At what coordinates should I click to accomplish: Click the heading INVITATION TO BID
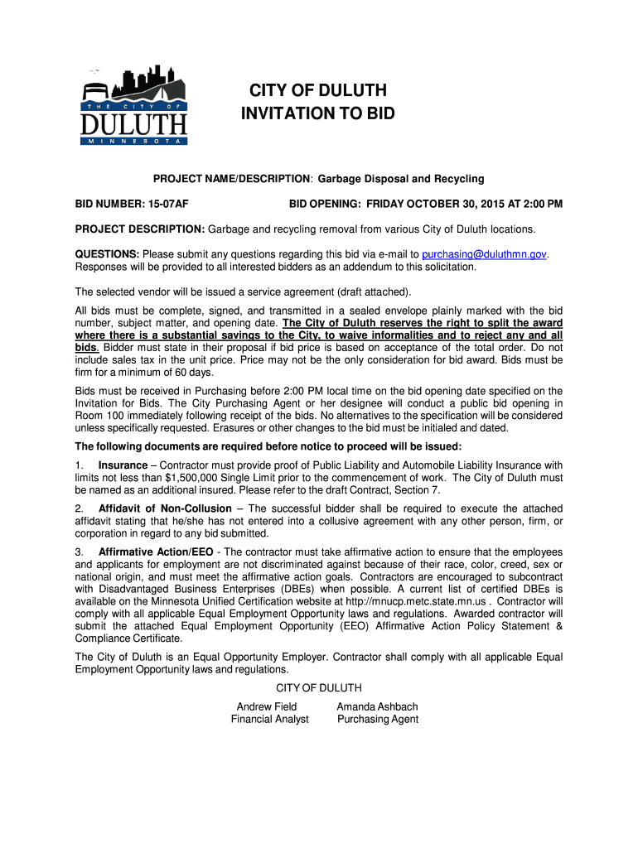point(318,113)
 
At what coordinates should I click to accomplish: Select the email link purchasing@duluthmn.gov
point(485,253)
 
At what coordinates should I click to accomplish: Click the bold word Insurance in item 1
point(123,465)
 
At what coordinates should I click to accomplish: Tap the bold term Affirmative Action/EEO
point(155,552)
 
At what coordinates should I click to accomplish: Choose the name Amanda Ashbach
point(377,706)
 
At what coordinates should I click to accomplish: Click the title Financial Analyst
point(269,720)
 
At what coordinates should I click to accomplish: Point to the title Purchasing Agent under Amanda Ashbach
point(378,720)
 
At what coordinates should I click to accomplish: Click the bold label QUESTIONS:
point(107,253)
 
